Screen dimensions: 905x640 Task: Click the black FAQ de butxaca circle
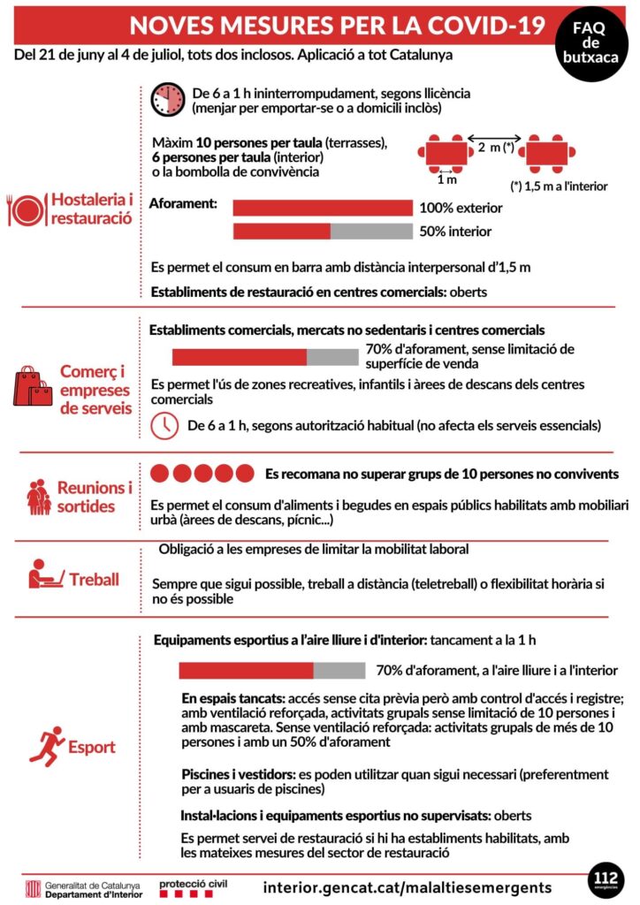pyautogui.click(x=592, y=41)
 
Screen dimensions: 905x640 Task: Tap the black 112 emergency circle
pyautogui.click(x=606, y=882)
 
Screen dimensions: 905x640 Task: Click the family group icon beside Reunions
pyautogui.click(x=37, y=498)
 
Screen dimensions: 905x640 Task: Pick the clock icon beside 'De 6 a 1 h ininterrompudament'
pyautogui.click(x=167, y=100)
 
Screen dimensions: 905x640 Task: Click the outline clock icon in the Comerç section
pyautogui.click(x=164, y=425)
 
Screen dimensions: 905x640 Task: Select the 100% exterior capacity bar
pyautogui.click(x=323, y=209)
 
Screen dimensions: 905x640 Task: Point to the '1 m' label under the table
pyautogui.click(x=447, y=180)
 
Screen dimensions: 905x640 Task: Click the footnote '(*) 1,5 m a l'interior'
pyautogui.click(x=559, y=186)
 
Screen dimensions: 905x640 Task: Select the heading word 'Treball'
pyautogui.click(x=94, y=580)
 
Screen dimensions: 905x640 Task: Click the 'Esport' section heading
pyautogui.click(x=93, y=747)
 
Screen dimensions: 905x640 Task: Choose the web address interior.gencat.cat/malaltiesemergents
pyautogui.click(x=408, y=886)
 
